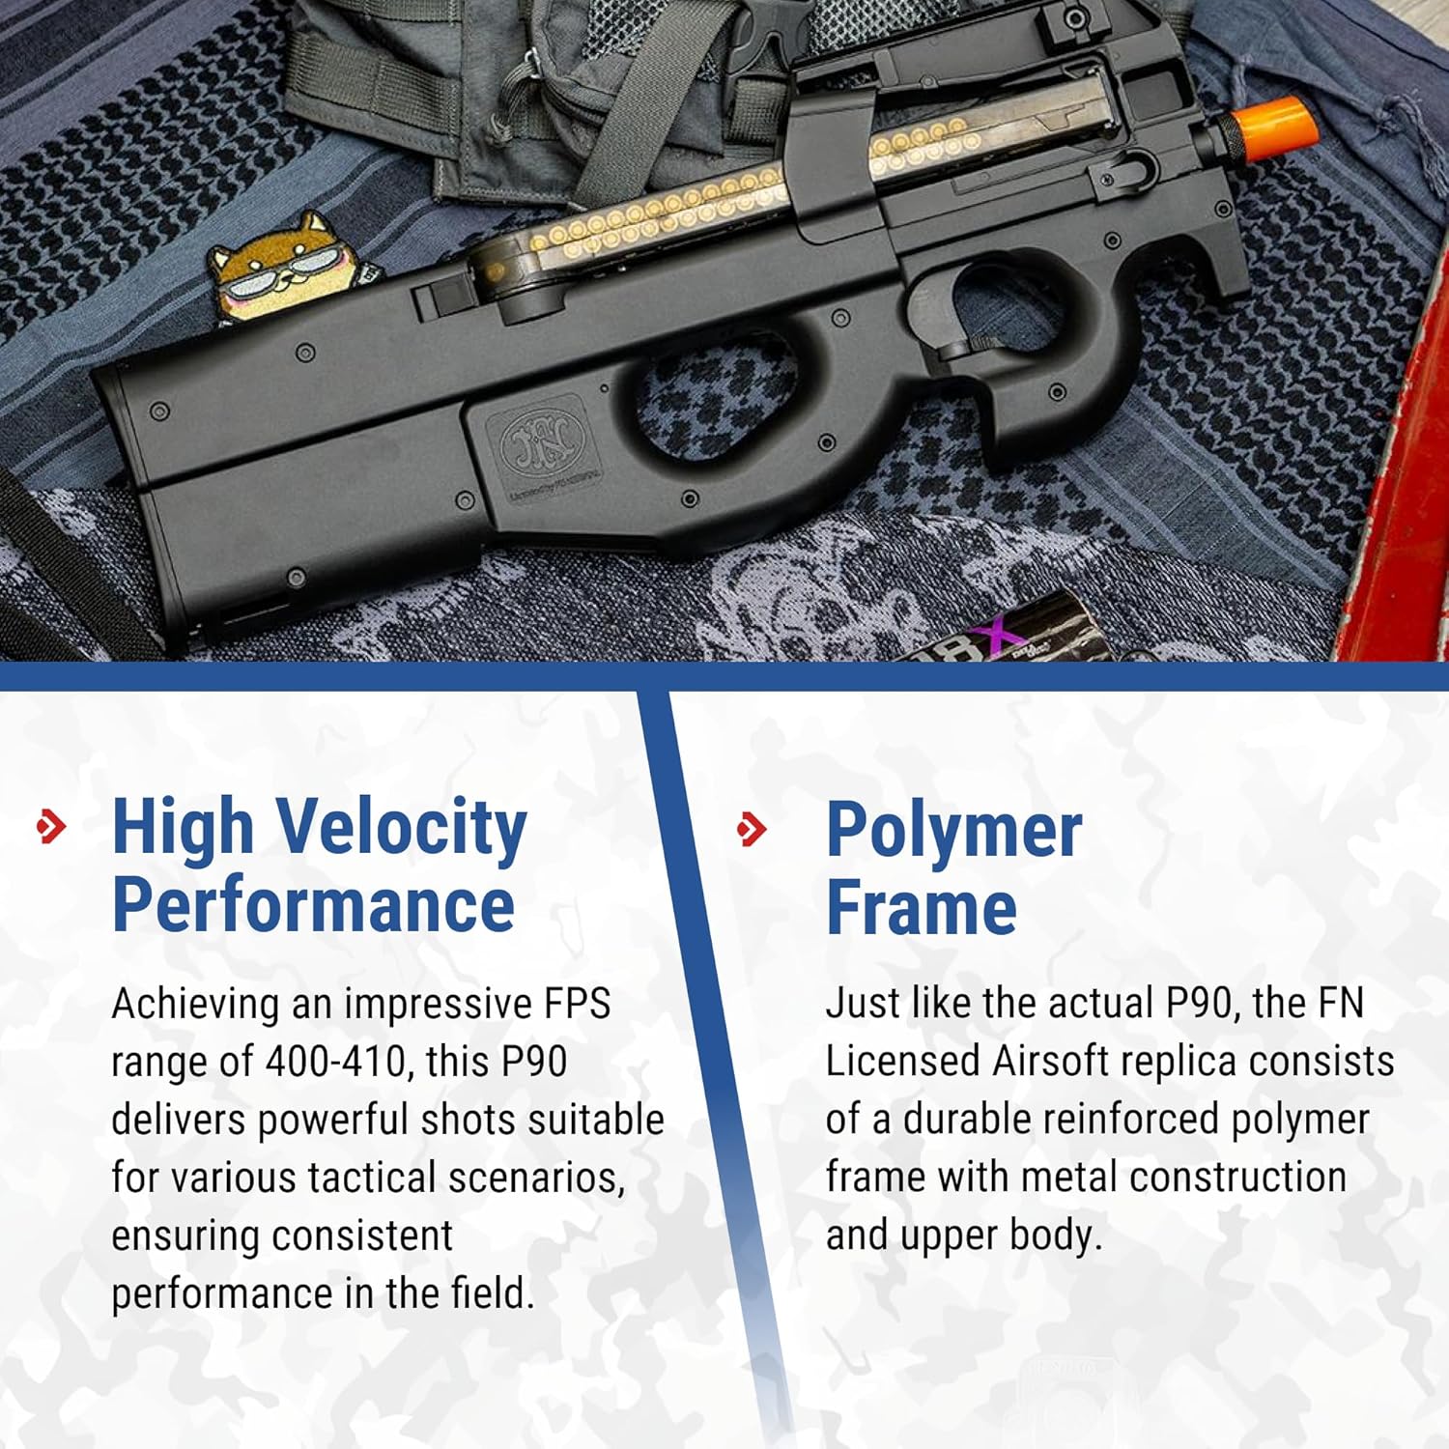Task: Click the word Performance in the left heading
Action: click(313, 904)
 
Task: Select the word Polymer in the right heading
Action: click(953, 832)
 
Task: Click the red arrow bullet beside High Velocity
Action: click(51, 827)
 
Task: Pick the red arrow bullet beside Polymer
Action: click(752, 829)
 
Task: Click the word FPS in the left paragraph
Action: click(577, 1004)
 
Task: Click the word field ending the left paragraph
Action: click(492, 1293)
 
